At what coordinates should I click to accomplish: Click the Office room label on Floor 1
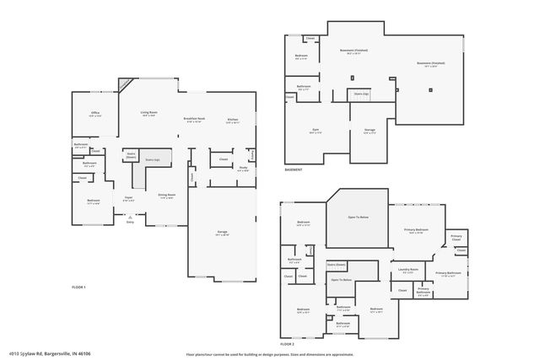point(95,114)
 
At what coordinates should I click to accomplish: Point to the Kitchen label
point(232,120)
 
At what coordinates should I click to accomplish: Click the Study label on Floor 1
point(242,168)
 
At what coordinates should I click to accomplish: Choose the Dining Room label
point(166,196)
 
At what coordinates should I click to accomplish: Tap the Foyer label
point(129,198)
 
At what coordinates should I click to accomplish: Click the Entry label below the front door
point(130,223)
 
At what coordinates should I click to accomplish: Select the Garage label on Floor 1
point(223,233)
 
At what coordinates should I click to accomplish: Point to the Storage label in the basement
point(370,131)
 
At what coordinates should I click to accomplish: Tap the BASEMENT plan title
point(294,170)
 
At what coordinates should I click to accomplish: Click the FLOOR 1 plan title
point(78,287)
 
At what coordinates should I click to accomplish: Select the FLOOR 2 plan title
point(288,344)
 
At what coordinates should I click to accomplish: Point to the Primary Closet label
point(456,237)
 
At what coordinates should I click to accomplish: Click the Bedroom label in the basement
point(301,56)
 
